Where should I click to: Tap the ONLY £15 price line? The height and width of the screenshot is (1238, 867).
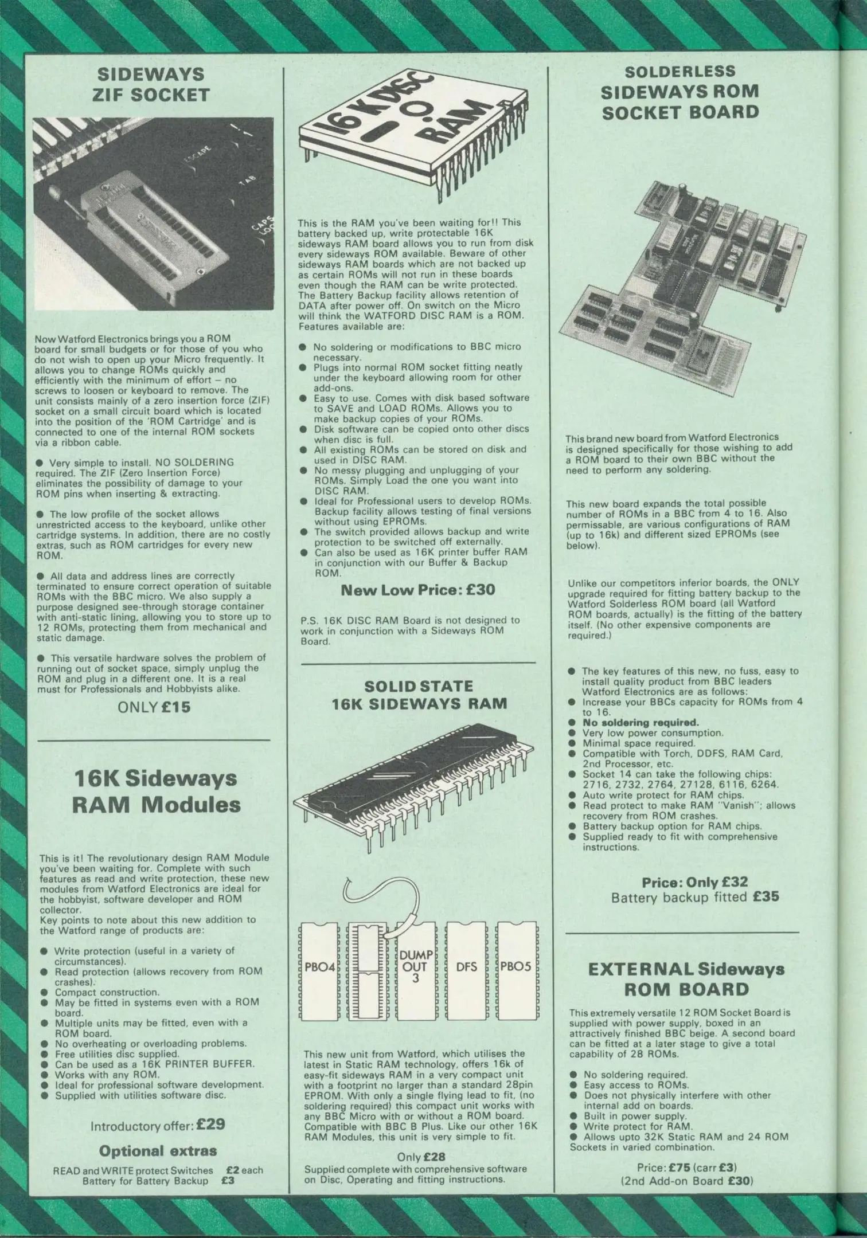click(153, 706)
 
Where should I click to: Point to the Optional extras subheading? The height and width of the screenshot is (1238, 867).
click(158, 1150)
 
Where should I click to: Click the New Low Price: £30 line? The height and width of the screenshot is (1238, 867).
click(417, 589)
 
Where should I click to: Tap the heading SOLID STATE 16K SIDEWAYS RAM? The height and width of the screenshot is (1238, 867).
click(419, 694)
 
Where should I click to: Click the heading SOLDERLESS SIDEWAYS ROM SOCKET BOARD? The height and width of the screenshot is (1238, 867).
click(679, 92)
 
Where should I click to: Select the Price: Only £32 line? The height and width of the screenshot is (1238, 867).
click(694, 882)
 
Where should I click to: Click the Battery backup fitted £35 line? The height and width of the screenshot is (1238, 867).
click(695, 897)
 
